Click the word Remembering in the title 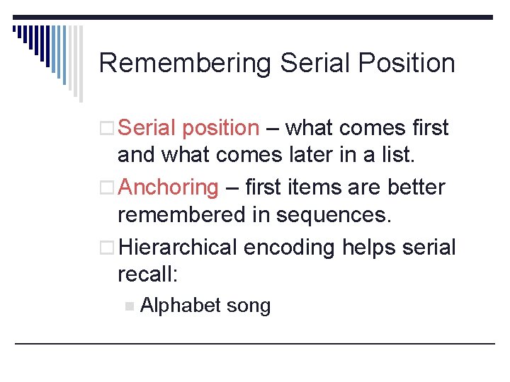pos(185,63)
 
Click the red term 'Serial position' pos(189,128)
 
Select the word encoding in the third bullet pos(291,248)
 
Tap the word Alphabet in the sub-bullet pos(181,306)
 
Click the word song pos(248,306)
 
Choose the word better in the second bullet pos(422,187)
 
